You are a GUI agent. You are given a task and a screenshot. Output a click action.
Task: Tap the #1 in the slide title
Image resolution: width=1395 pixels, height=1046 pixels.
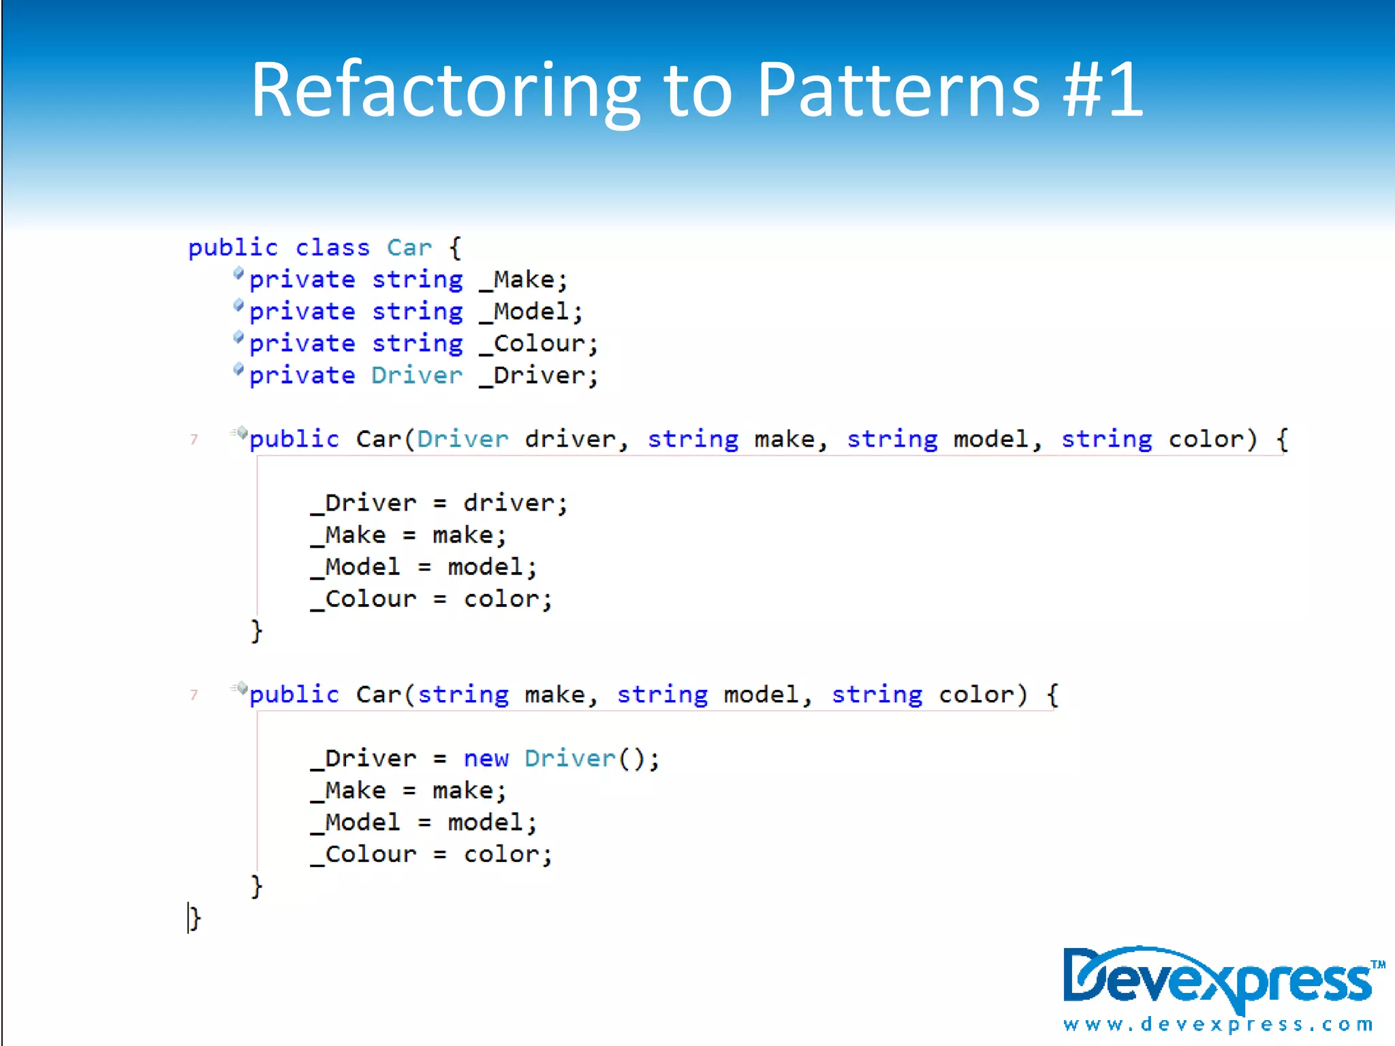click(x=1103, y=90)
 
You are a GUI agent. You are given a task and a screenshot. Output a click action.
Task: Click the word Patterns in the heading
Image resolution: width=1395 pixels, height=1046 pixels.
click(x=898, y=90)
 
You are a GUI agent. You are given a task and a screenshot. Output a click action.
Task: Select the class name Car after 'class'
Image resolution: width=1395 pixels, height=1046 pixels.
click(x=409, y=248)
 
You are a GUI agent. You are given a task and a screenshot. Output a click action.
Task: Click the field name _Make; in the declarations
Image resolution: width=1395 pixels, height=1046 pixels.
click(x=523, y=280)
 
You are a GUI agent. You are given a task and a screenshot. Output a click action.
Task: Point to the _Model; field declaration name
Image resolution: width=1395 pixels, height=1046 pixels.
click(x=531, y=312)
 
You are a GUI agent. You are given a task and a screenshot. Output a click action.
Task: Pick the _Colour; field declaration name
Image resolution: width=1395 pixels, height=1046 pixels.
click(x=538, y=344)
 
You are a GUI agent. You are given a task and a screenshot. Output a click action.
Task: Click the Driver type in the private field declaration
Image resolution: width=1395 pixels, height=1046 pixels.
click(x=416, y=376)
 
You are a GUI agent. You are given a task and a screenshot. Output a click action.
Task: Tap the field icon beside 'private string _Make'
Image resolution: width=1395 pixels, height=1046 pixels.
click(x=238, y=274)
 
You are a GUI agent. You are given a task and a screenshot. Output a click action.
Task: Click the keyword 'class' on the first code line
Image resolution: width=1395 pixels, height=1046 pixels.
click(x=332, y=248)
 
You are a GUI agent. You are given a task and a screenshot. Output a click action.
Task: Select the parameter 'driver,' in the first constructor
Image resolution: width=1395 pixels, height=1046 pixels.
click(x=576, y=440)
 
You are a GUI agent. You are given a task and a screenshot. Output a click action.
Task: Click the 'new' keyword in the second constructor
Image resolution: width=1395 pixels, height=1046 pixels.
click(x=486, y=759)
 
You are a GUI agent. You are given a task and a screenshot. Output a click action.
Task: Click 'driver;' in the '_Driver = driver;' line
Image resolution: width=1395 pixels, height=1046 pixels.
click(x=515, y=504)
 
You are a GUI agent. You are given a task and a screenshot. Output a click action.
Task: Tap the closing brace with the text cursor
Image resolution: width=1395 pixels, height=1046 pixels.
click(x=195, y=919)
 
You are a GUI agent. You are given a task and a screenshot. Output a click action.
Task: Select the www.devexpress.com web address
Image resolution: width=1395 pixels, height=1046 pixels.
click(x=1218, y=1024)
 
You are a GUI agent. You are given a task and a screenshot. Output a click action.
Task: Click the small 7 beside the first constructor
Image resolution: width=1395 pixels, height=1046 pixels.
click(x=194, y=440)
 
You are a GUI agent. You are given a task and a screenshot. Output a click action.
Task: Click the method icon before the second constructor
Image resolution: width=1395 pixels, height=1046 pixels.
click(x=240, y=688)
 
